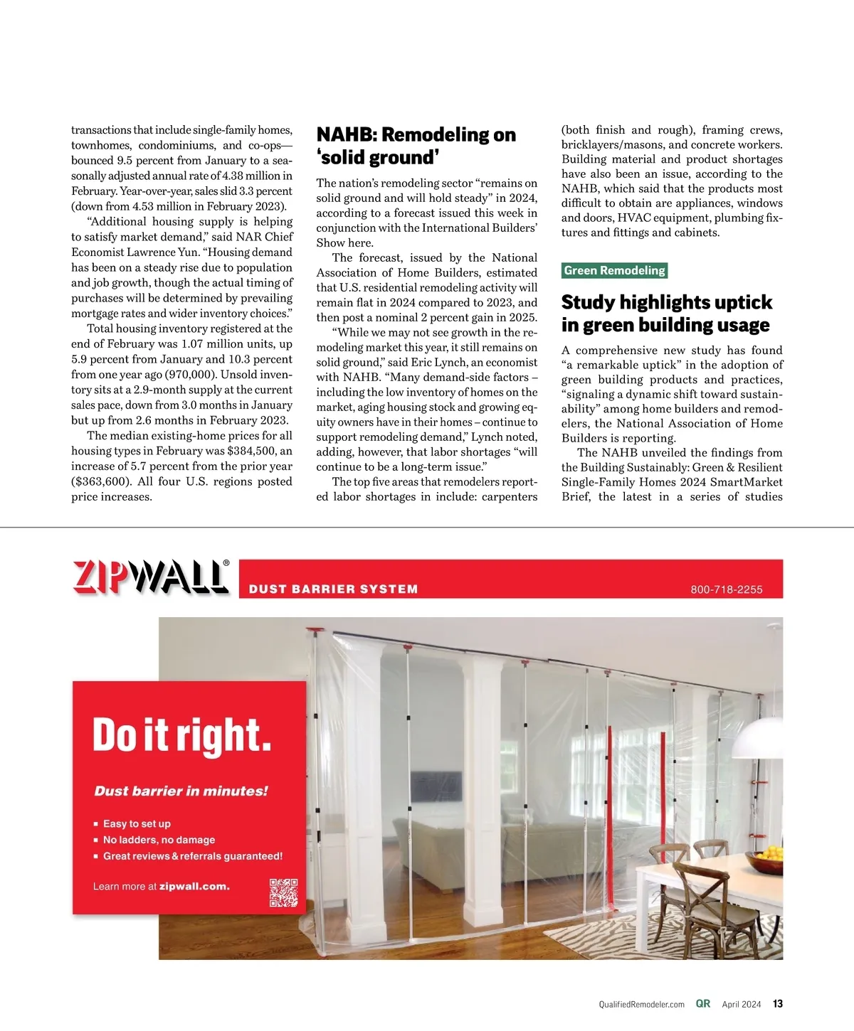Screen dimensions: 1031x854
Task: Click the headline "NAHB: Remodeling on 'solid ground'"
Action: [416, 146]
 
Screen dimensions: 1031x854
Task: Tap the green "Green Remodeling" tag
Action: [614, 270]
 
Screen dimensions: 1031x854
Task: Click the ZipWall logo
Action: [151, 577]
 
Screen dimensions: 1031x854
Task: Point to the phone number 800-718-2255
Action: [726, 589]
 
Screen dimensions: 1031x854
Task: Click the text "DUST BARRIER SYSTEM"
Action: [333, 589]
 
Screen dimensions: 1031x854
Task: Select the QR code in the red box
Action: [283, 892]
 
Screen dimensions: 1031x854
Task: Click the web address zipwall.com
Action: [194, 887]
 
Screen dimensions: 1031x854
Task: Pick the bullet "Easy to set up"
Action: [137, 823]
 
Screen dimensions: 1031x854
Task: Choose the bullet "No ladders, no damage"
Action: [159, 840]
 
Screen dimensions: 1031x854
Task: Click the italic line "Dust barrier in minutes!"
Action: [181, 791]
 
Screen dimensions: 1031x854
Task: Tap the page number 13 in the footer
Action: [778, 1004]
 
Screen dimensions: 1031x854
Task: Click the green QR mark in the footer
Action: [703, 1004]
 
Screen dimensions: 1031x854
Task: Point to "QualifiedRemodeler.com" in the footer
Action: [641, 1005]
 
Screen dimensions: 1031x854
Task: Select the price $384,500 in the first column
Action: [252, 451]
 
